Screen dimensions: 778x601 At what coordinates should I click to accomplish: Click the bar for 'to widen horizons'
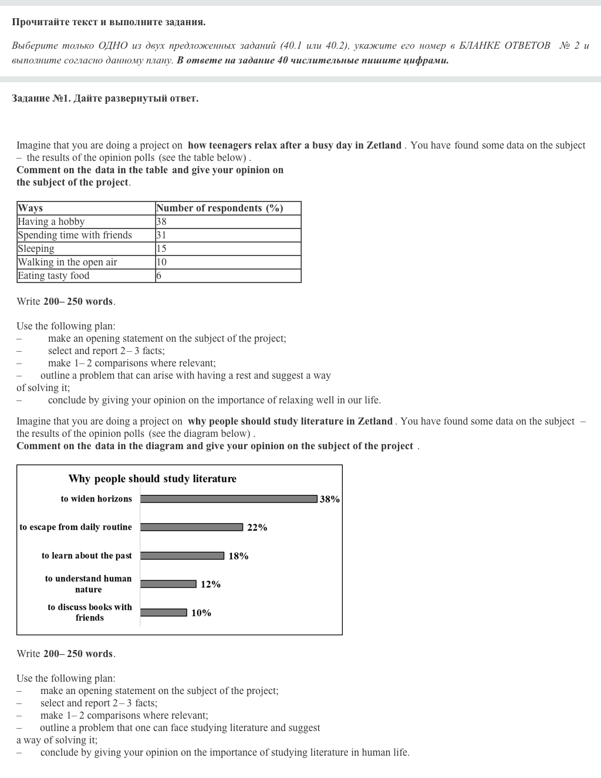pos(229,499)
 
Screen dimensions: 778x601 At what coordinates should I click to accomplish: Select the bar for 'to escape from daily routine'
pos(191,527)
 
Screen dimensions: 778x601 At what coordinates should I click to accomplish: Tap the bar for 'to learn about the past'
pos(182,555)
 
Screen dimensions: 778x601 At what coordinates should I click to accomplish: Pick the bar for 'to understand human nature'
pos(168,584)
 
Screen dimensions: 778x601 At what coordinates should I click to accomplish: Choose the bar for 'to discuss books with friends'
pos(163,612)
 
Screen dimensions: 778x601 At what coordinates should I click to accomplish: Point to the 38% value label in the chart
pos(330,499)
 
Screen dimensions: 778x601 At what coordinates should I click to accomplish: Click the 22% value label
pos(257,527)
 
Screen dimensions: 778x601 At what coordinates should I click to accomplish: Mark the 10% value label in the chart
pos(201,612)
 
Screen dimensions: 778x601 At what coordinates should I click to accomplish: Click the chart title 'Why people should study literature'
pos(153,479)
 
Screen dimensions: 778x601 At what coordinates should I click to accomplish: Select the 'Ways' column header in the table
pos(31,208)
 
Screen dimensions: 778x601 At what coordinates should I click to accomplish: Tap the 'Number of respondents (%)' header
pos(220,208)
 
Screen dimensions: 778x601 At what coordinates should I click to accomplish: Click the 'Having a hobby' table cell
pos(51,221)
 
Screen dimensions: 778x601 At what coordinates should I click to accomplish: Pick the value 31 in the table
pos(161,235)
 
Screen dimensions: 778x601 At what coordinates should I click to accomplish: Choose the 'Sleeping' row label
pos(36,248)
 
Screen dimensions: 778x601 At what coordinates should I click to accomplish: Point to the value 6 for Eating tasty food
pos(159,275)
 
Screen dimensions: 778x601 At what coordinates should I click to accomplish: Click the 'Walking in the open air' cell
pos(67,262)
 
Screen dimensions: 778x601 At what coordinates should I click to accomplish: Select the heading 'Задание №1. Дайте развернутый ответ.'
pos(105,98)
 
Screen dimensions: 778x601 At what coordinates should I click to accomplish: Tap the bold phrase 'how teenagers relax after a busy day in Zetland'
pos(295,145)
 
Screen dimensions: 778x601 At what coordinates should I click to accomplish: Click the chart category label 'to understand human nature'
pos(89,584)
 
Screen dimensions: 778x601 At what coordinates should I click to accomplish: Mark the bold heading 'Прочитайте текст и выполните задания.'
pos(109,22)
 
